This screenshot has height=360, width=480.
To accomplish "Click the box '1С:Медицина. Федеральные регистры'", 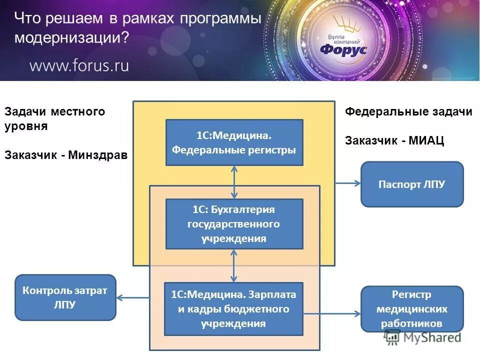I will click(234, 142).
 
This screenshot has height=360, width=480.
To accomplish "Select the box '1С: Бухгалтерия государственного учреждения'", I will click(234, 224).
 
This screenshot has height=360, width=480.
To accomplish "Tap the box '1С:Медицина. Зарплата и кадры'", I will click(234, 309).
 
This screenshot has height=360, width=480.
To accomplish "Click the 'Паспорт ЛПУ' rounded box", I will click(412, 184).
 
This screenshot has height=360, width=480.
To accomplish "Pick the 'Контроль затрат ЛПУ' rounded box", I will click(65, 297).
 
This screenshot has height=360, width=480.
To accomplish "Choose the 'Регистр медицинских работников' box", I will click(412, 309).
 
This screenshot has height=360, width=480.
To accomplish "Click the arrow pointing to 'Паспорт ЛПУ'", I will click(347, 183).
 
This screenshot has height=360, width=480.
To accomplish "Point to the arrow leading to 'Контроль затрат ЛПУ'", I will click(133, 298).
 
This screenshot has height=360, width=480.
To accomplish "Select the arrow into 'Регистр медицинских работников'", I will click(332, 314).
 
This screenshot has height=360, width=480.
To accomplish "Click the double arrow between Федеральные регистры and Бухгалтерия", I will click(234, 182).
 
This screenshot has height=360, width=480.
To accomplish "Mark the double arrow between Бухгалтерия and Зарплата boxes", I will click(234, 265).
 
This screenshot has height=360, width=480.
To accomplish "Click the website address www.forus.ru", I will click(79, 65).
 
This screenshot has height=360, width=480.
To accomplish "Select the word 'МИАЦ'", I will click(426, 141).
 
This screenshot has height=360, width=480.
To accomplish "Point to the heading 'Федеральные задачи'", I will click(408, 112).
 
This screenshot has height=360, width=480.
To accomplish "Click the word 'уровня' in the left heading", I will click(26, 126).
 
